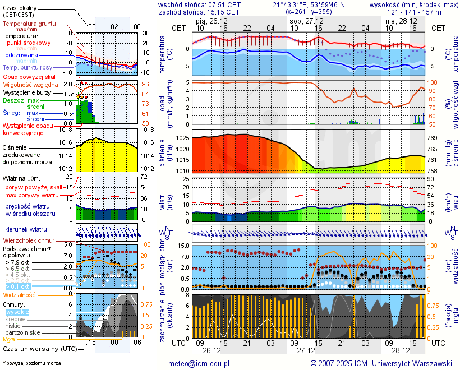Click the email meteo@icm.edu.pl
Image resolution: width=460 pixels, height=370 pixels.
(x=199, y=363)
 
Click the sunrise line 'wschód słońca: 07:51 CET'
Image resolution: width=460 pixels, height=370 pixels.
(x=200, y=4)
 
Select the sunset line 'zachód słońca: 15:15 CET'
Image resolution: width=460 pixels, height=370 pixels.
(x=200, y=12)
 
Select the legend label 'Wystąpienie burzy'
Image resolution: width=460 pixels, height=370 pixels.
(x=28, y=92)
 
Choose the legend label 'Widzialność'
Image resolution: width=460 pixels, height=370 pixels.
(x=20, y=294)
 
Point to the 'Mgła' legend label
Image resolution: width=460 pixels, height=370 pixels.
(x=9, y=339)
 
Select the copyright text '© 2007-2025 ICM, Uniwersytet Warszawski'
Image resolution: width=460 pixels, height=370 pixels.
(x=381, y=363)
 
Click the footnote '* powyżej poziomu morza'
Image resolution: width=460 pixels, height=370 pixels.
(x=31, y=363)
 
